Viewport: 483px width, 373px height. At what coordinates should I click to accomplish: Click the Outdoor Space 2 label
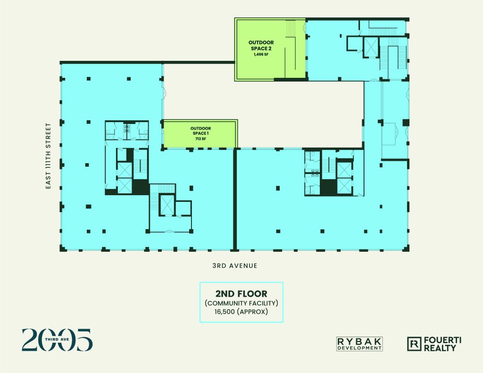pyautogui.click(x=261, y=45)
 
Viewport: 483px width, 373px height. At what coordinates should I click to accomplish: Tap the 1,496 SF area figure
pyautogui.click(x=261, y=55)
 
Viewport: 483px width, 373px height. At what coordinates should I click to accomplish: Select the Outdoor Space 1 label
pyautogui.click(x=200, y=131)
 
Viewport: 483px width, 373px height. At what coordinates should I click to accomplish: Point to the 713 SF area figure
pyautogui.click(x=200, y=139)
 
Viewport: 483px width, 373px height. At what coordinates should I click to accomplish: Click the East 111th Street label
pyautogui.click(x=48, y=156)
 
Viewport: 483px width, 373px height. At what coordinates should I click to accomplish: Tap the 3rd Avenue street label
pyautogui.click(x=235, y=265)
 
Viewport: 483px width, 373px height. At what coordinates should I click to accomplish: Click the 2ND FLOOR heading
pyautogui.click(x=241, y=293)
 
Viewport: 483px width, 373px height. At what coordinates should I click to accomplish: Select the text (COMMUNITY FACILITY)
pyautogui.click(x=241, y=303)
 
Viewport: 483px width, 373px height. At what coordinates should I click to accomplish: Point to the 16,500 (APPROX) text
pyautogui.click(x=241, y=312)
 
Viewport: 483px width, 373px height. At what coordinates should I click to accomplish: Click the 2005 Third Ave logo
pyautogui.click(x=57, y=340)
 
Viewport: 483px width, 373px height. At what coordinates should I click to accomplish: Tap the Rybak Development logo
pyautogui.click(x=359, y=344)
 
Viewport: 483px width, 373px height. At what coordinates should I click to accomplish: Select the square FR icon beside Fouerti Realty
pyautogui.click(x=414, y=344)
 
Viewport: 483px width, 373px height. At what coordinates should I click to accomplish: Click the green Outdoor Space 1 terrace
pyautogui.click(x=200, y=134)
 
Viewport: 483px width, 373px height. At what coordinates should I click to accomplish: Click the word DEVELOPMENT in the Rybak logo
pyautogui.click(x=359, y=348)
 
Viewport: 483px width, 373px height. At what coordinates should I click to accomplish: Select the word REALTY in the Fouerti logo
pyautogui.click(x=440, y=348)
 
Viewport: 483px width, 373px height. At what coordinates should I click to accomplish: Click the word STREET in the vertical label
pyautogui.click(x=48, y=134)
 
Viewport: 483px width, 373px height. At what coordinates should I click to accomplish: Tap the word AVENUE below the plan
pyautogui.click(x=243, y=265)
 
